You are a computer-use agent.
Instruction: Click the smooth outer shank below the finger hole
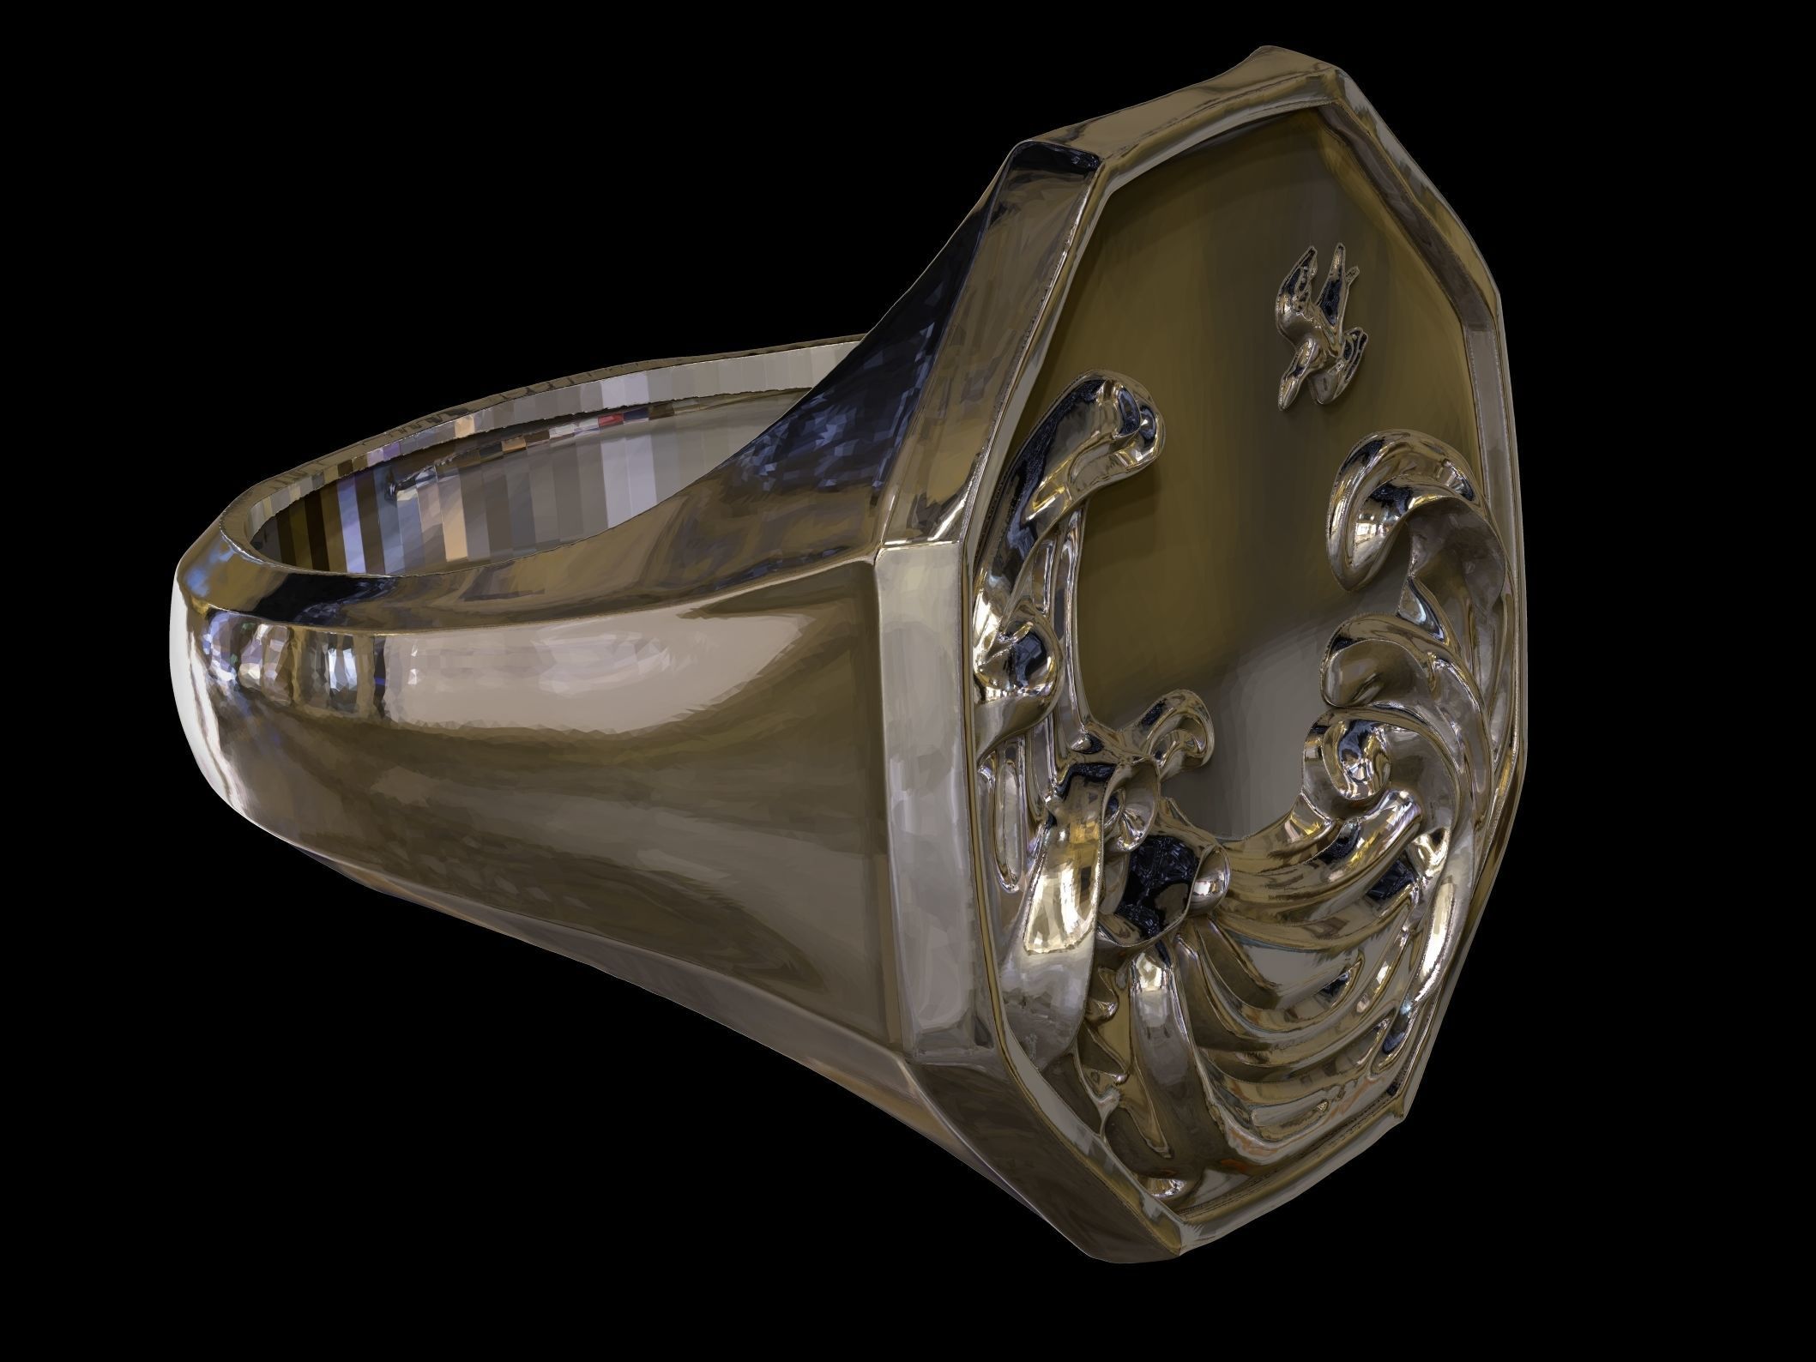600,772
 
